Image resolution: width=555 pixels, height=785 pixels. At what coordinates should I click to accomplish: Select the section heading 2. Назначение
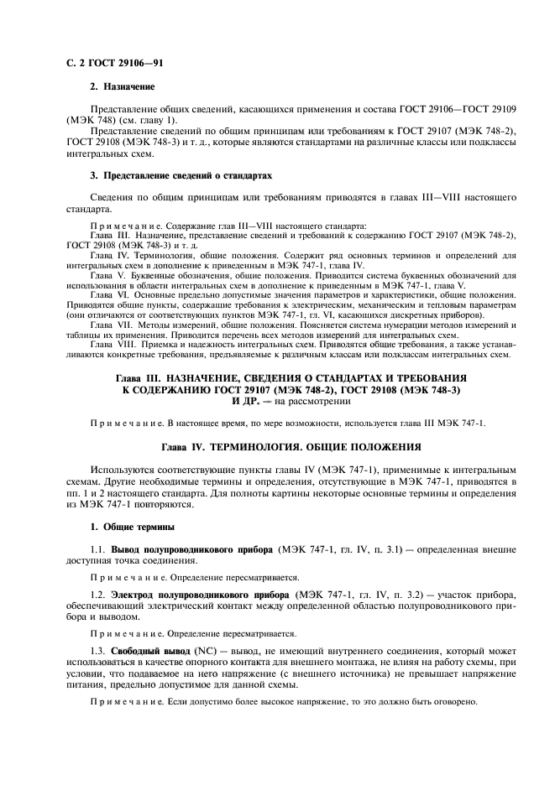pyautogui.click(x=122, y=86)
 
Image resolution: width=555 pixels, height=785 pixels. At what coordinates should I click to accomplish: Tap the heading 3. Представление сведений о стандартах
pyautogui.click(x=181, y=174)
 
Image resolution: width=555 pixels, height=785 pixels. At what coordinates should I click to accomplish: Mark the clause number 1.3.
pyautogui.click(x=97, y=652)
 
